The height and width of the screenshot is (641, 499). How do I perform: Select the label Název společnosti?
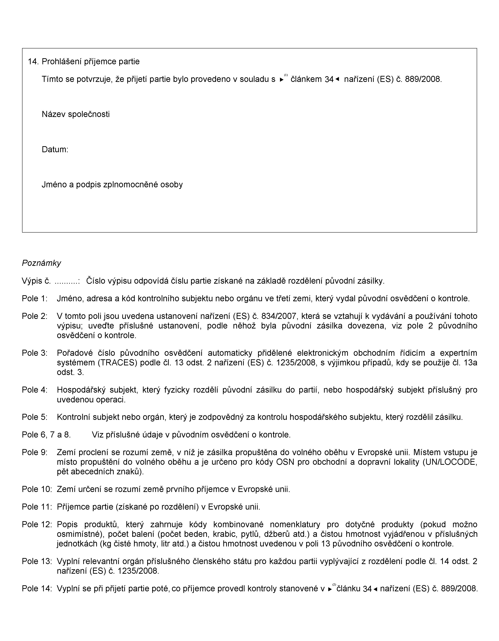coord(76,114)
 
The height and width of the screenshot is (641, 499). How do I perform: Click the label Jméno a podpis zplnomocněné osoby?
coord(112,185)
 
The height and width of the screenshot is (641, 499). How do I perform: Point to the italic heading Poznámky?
coord(41,263)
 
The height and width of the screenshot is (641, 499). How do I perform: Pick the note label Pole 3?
coord(35,353)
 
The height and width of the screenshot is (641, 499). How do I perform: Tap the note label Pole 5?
coord(35,417)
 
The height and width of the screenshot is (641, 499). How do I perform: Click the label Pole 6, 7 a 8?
coord(46,435)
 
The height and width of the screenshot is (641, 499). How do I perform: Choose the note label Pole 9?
coord(35,452)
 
